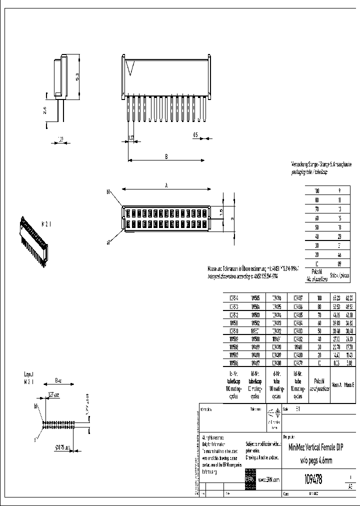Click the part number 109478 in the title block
(x=313, y=479)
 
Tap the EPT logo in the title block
(x=250, y=479)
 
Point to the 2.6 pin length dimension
(x=45, y=110)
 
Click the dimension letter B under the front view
(x=166, y=156)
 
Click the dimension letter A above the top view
(x=166, y=185)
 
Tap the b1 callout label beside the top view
(x=108, y=191)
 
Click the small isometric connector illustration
(x=32, y=237)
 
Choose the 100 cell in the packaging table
(x=316, y=191)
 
